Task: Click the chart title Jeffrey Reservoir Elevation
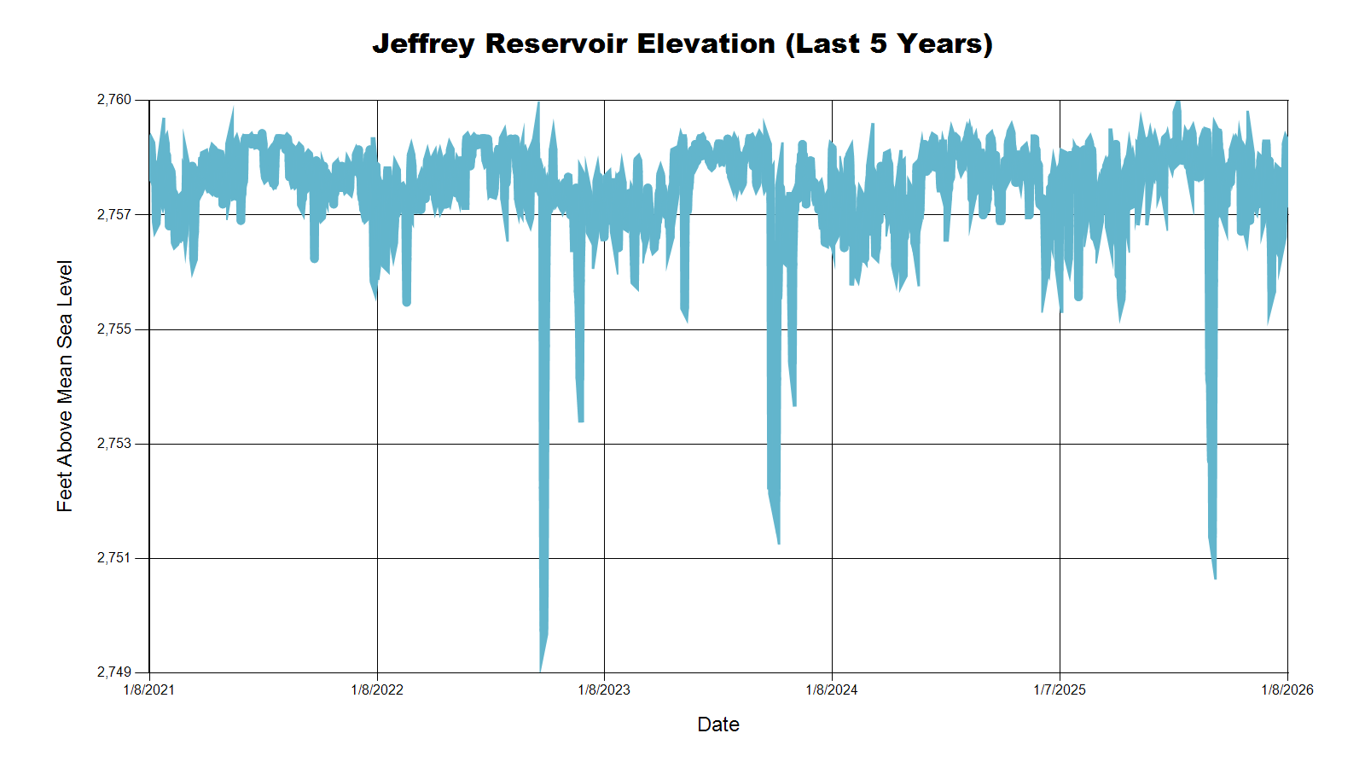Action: point(682,44)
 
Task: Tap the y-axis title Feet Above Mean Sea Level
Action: point(65,386)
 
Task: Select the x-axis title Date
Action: point(717,724)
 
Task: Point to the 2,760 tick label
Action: point(114,100)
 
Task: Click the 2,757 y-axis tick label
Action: point(114,215)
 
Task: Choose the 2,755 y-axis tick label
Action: point(114,329)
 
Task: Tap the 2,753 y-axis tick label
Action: point(114,444)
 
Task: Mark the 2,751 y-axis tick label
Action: point(114,558)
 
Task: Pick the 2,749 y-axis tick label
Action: point(114,672)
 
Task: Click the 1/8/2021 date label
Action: point(149,689)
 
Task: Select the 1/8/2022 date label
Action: point(377,689)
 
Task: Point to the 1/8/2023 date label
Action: point(604,689)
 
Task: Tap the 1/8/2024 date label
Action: point(832,689)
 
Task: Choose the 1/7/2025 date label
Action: point(1060,689)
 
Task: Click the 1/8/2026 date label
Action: point(1287,689)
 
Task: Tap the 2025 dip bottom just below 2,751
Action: point(1215,577)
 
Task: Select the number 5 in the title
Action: point(879,44)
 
